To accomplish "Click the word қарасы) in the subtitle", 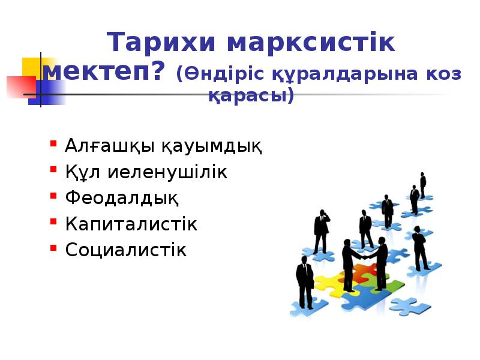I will [x=251, y=95].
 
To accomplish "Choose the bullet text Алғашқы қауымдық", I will [x=164, y=146].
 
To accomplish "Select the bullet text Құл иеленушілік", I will [x=146, y=173].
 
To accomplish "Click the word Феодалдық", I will [x=122, y=198].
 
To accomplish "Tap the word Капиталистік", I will [x=131, y=224].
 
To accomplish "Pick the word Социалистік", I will [x=126, y=250].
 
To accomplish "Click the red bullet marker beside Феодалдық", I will [x=53, y=196].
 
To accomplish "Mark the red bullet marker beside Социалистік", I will [x=53, y=247].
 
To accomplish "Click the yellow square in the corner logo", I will [x=33, y=67].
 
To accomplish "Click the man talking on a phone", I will [x=322, y=230].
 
